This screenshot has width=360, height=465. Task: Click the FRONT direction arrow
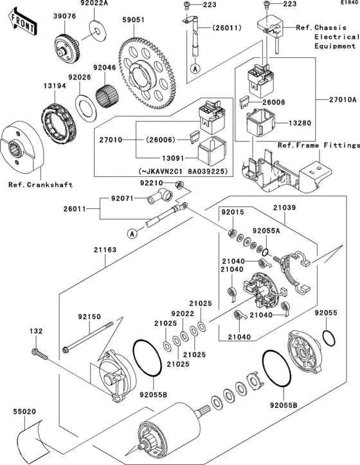22,24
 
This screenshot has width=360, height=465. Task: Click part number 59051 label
134,20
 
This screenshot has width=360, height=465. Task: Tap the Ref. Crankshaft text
40,185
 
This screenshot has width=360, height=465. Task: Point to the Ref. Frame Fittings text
318,145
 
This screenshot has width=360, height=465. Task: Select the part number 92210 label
152,183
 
